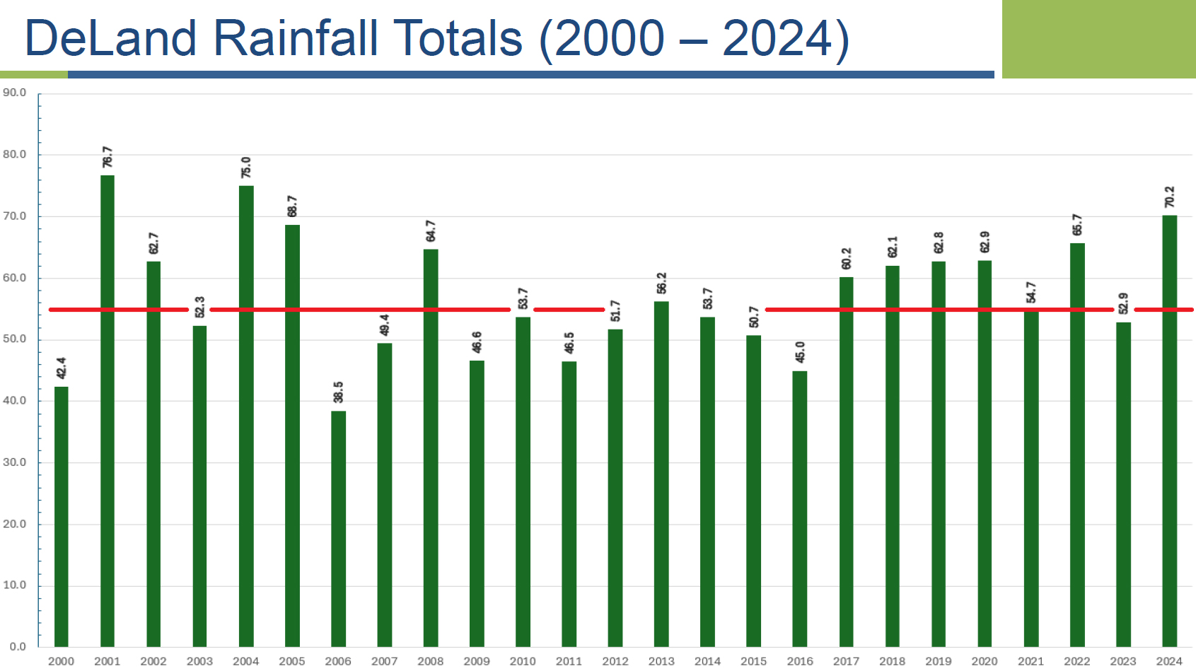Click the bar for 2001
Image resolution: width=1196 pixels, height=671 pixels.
(108, 410)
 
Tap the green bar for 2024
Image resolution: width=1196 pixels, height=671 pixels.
(1169, 431)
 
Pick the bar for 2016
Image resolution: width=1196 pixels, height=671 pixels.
(799, 508)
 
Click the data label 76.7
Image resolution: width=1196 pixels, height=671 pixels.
(108, 157)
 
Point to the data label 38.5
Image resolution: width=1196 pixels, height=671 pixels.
(338, 392)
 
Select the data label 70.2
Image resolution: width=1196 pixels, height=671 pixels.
(1169, 197)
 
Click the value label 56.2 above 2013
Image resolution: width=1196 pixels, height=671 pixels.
(661, 284)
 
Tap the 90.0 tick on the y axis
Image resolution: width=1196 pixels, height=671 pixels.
(14, 93)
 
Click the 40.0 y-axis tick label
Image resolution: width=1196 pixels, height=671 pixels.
(14, 400)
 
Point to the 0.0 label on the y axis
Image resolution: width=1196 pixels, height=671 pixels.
(18, 646)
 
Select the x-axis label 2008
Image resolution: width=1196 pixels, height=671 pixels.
(430, 661)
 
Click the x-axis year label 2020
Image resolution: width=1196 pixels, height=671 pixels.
(984, 661)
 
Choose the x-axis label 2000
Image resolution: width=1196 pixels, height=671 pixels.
(61, 661)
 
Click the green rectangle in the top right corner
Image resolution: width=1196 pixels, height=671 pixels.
(1098, 39)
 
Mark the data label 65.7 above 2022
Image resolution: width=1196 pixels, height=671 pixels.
(1076, 225)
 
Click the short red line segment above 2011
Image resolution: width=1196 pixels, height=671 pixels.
(569, 310)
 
